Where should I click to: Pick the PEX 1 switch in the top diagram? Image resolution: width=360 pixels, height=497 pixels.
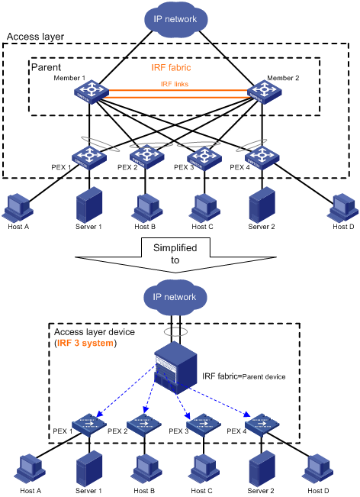[89, 157]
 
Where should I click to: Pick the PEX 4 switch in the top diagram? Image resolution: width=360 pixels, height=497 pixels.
[264, 157]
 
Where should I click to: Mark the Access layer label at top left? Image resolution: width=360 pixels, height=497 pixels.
[35, 36]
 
